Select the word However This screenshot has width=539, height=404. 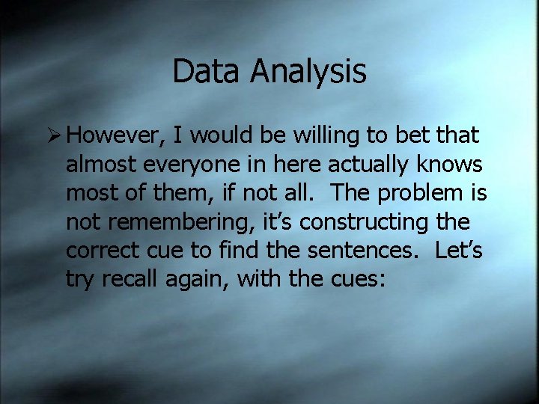click(x=118, y=135)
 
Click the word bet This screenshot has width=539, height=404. click(x=401, y=135)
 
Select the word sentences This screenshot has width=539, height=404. click(x=356, y=251)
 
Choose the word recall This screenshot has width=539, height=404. click(x=129, y=279)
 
